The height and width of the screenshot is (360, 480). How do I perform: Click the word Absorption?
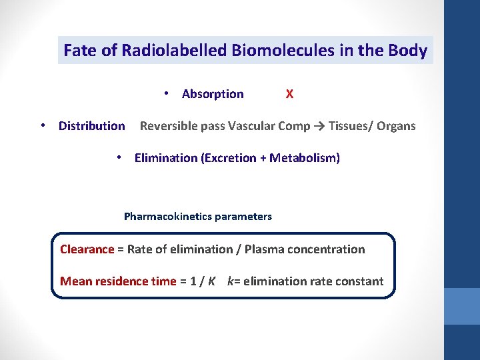click(x=213, y=94)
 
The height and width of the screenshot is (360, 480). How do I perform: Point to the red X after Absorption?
click(x=289, y=94)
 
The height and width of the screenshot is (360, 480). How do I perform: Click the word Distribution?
click(x=91, y=126)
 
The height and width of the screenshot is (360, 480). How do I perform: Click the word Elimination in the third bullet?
click(x=166, y=158)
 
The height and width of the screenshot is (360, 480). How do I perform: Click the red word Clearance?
click(x=87, y=249)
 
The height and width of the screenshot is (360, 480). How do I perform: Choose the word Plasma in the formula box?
click(x=263, y=249)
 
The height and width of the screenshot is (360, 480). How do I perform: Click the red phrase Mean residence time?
click(x=118, y=281)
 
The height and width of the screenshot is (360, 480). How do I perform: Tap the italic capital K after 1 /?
click(x=211, y=281)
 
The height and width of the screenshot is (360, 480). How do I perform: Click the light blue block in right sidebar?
click(x=461, y=306)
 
